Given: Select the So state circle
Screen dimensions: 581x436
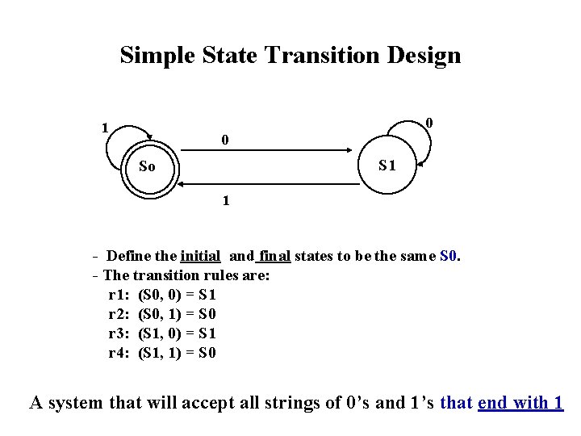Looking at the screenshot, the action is click(147, 168).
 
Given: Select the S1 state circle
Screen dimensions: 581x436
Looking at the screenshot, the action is click(387, 166).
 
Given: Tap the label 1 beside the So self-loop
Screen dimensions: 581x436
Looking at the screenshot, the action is click(104, 127).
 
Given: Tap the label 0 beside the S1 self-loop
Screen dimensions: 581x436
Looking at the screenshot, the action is click(430, 123).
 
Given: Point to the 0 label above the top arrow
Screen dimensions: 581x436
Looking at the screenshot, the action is click(225, 140).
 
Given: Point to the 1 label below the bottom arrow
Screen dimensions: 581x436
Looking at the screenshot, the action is click(226, 201).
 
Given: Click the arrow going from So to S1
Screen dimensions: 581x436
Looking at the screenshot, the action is click(266, 151).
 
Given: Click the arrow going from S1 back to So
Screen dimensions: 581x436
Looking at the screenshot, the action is click(266, 185).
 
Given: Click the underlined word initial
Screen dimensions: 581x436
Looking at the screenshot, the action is click(201, 257).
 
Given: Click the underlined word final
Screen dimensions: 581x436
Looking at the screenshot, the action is click(274, 257).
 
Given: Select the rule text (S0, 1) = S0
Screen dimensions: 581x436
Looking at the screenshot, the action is click(178, 314).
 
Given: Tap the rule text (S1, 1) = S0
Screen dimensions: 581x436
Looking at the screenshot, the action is click(178, 353).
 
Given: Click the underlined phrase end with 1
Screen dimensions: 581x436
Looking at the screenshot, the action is click(520, 402).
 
